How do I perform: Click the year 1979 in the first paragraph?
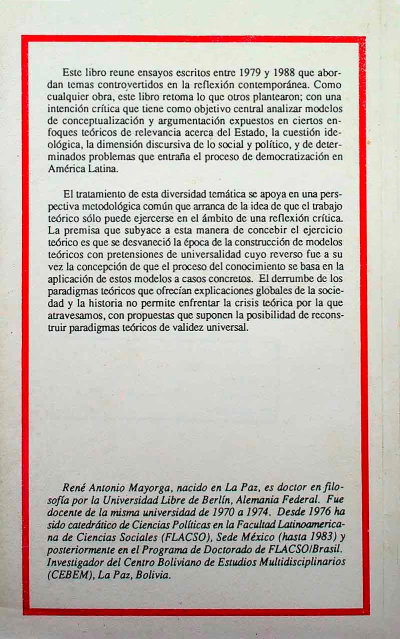click(248, 72)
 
